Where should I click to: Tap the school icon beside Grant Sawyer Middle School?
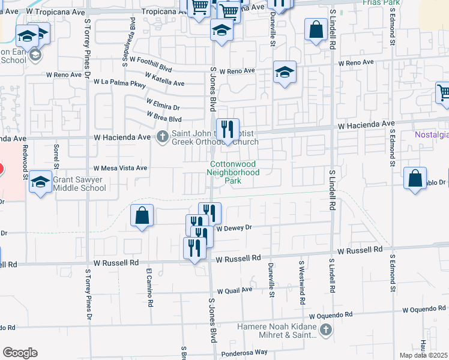(41, 182)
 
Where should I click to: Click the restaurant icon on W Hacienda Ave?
(228, 129)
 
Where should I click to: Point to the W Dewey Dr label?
(235, 228)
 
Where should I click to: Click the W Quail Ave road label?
(235, 290)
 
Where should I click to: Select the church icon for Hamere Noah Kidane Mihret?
(325, 329)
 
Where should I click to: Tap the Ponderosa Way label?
(244, 353)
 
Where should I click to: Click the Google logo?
(20, 353)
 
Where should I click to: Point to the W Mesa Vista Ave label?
(120, 169)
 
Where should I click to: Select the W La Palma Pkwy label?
(120, 84)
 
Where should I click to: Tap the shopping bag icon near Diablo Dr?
(415, 178)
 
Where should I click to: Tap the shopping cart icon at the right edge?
(443, 93)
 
